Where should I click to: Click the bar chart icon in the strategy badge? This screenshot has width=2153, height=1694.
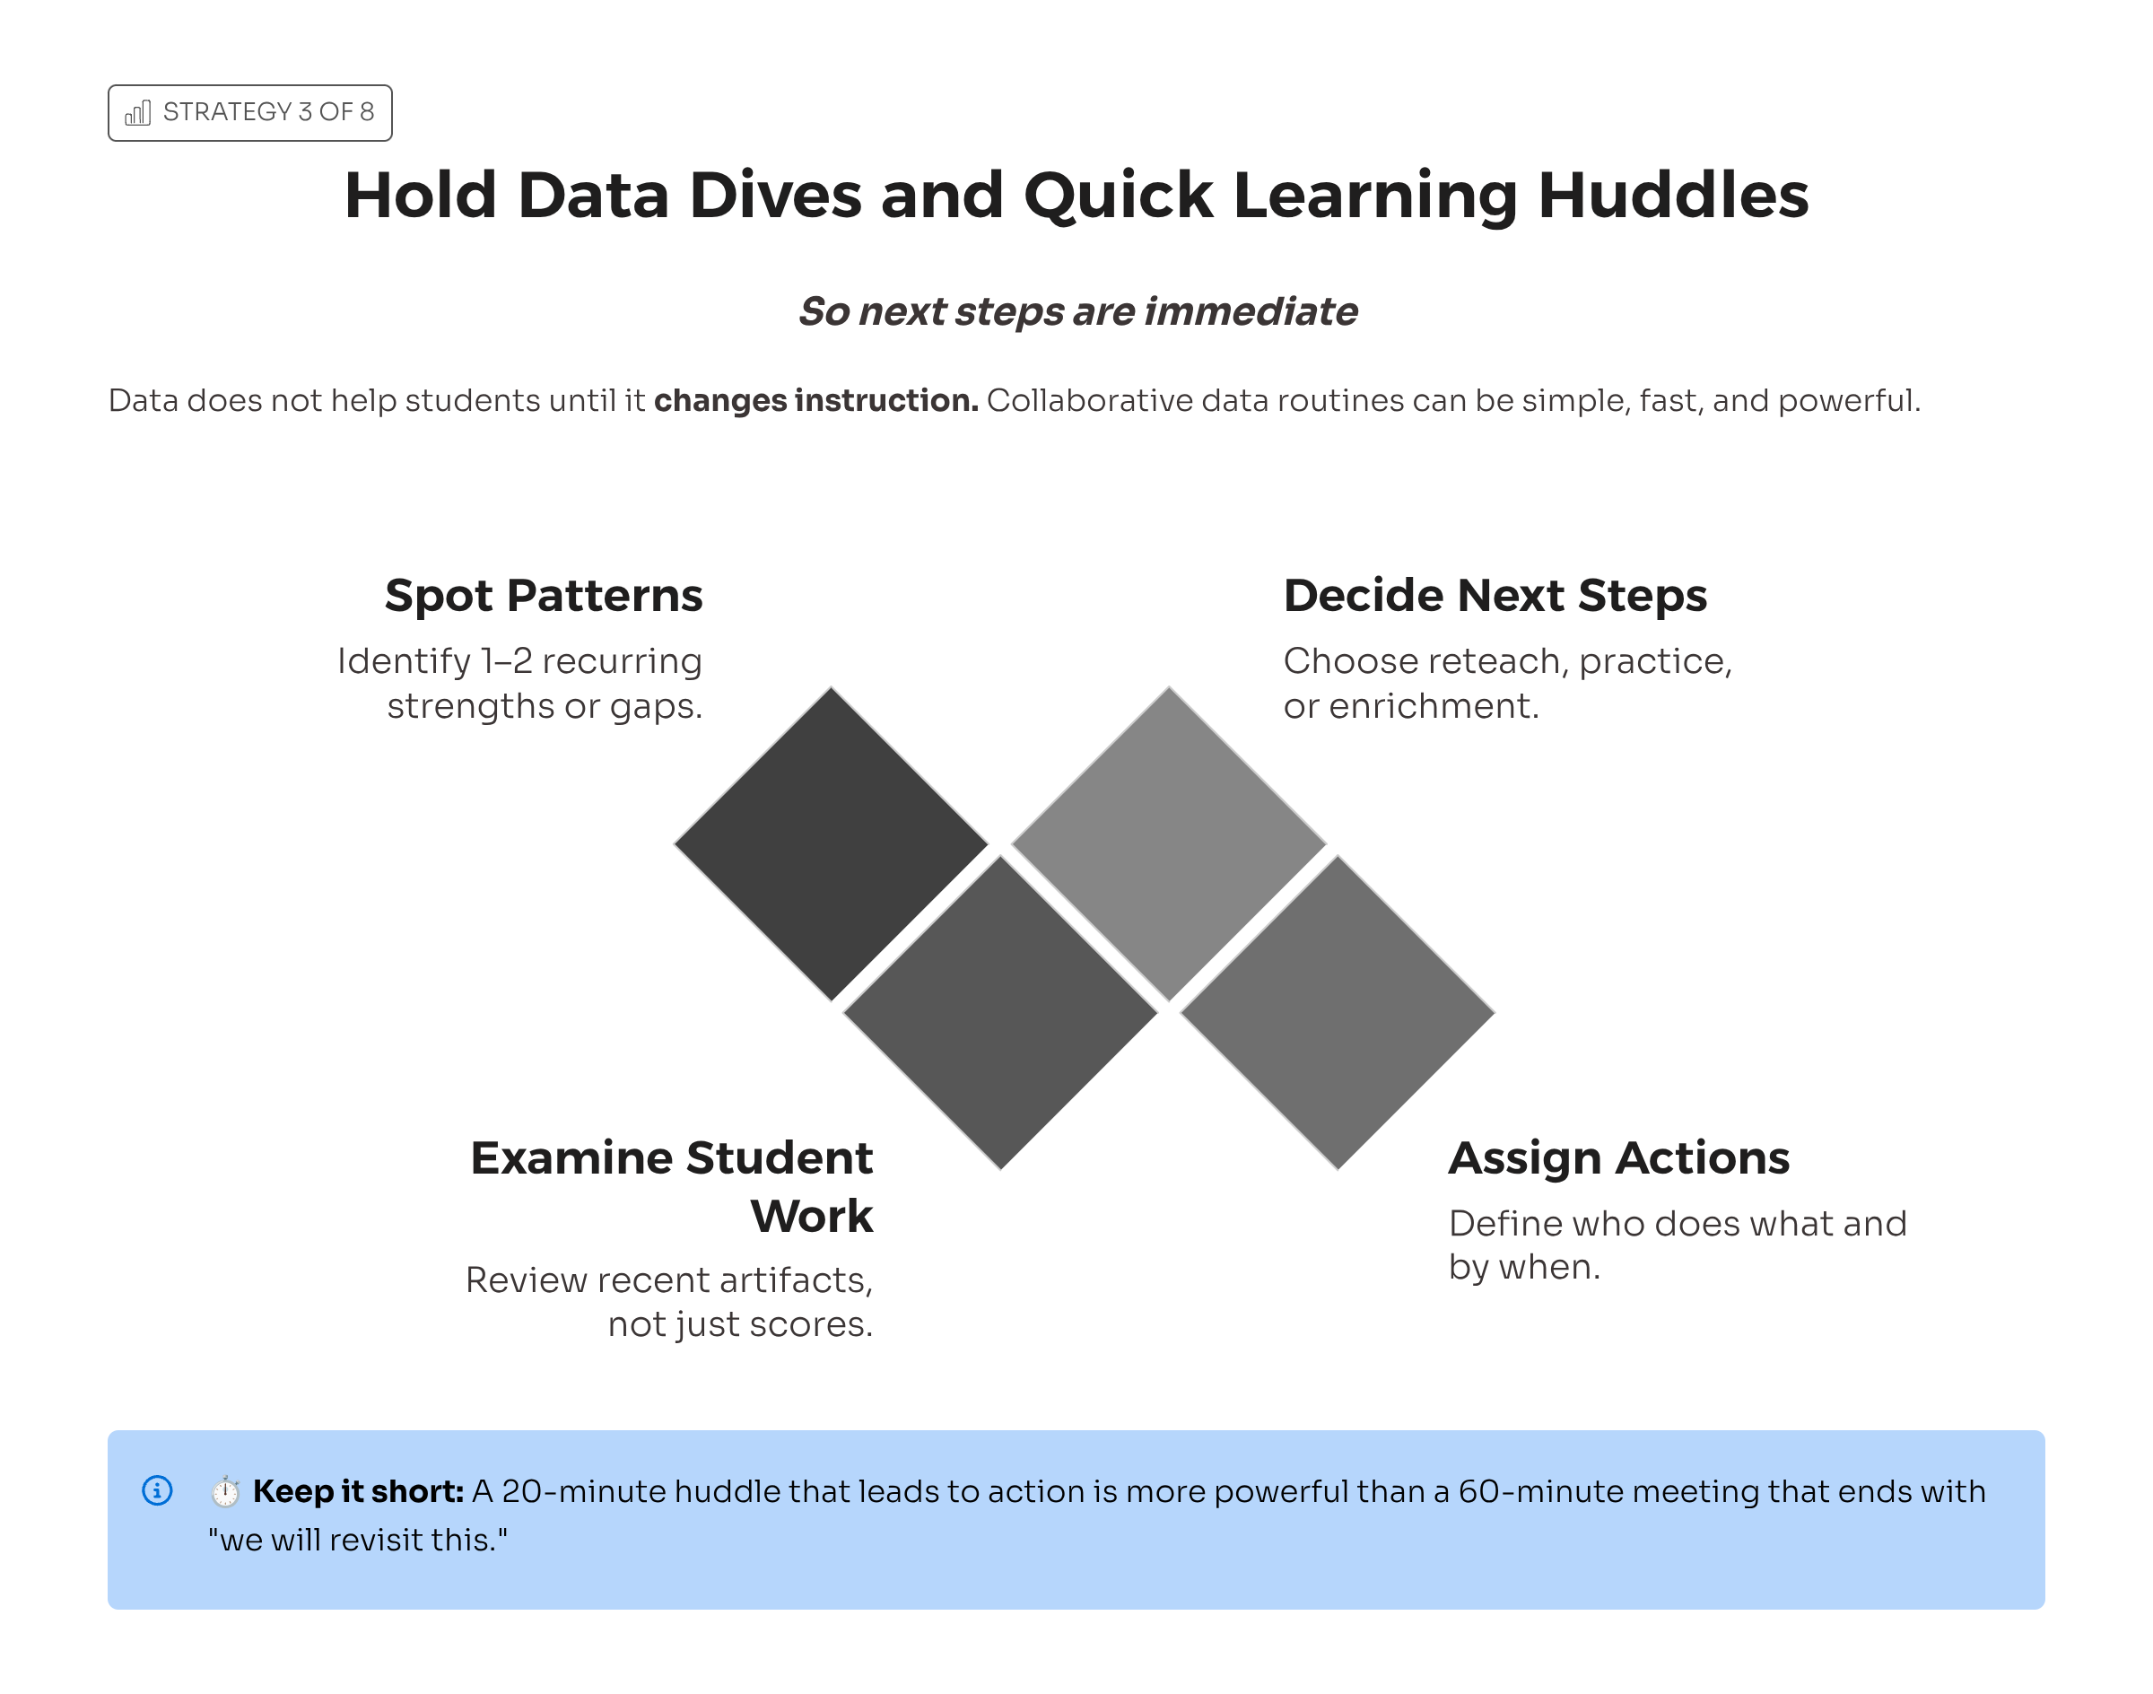[x=138, y=113]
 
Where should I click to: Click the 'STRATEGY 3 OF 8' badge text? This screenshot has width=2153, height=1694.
[x=269, y=112]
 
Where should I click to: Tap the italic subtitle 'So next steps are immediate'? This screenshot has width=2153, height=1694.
[x=1077, y=311]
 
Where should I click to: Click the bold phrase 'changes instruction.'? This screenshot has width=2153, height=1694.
[x=815, y=401]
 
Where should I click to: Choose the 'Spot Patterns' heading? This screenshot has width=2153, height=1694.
[x=544, y=596]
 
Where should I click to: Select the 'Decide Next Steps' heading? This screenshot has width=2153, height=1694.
[x=1495, y=595]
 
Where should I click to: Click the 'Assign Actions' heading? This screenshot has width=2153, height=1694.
[x=1618, y=1158]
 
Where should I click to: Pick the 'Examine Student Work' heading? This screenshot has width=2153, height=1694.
[x=671, y=1186]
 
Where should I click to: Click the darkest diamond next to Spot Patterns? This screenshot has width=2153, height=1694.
[x=831, y=844]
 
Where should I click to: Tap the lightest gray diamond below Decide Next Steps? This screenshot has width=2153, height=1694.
[x=1168, y=844]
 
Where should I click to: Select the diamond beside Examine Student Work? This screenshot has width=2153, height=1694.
[x=999, y=1013]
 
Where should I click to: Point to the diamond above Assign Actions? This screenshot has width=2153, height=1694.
[x=1337, y=1013]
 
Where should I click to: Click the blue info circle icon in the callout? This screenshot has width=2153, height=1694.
[x=158, y=1489]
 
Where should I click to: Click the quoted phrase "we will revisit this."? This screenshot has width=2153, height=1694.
[x=357, y=1540]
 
